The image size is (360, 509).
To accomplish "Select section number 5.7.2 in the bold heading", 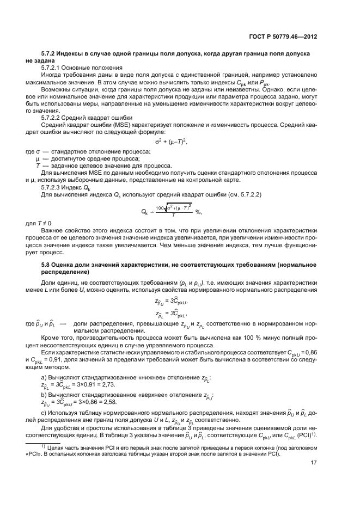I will point(50,54).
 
